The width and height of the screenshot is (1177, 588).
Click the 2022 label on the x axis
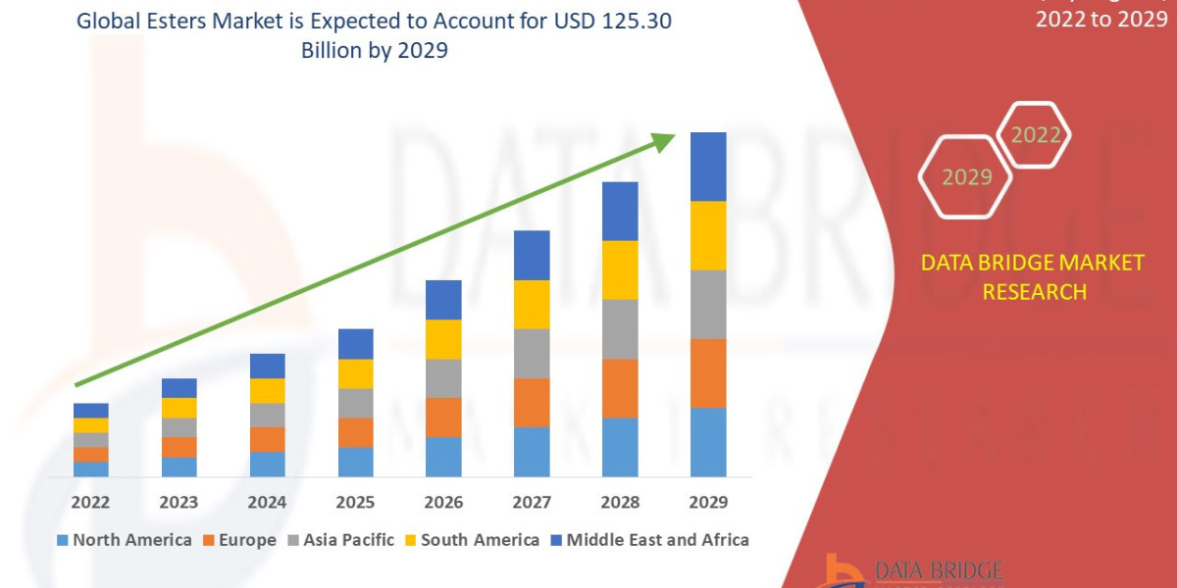90,503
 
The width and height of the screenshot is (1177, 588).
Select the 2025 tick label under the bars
355,503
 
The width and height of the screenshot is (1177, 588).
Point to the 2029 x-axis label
708,503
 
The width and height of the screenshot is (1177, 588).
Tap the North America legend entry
125,540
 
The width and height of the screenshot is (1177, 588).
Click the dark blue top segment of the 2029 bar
708,167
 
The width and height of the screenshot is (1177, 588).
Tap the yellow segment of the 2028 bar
620,269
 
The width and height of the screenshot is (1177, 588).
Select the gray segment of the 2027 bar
532,353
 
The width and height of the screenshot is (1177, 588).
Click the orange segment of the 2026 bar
443,417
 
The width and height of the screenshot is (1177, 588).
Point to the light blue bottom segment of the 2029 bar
708,442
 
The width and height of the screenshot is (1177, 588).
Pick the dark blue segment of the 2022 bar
90,411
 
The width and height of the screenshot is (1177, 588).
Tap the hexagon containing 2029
967,177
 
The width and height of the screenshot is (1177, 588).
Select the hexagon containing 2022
1036,135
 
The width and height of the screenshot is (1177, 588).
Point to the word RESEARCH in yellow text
1034,291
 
